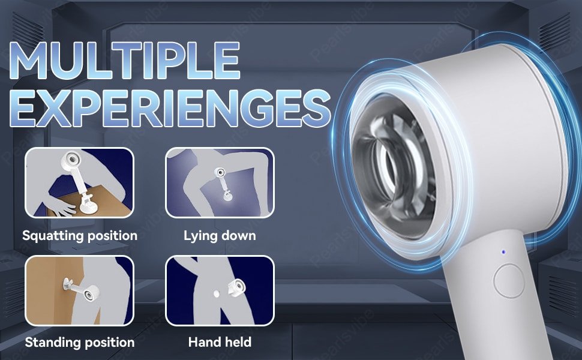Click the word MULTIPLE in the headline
coord(125,61)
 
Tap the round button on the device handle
coord(509,281)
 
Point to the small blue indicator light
coord(503,252)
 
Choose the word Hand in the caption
coord(203,342)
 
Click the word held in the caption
coord(237,342)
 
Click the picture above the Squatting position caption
coord(79,182)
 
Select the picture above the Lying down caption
coord(220,182)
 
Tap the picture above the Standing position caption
coord(79,290)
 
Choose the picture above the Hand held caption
coord(220,290)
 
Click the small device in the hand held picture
coord(236,287)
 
